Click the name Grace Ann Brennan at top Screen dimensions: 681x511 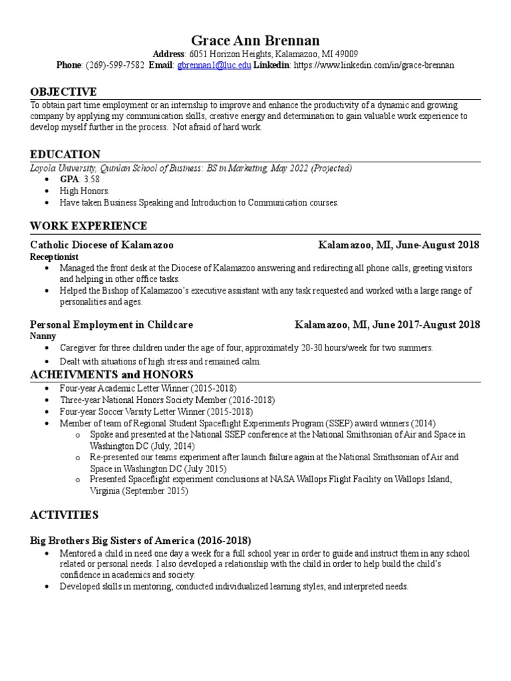pyautogui.click(x=255, y=41)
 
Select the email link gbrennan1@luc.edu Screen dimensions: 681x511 pyautogui.click(x=213, y=66)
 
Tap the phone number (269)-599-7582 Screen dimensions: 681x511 pyautogui.click(x=114, y=66)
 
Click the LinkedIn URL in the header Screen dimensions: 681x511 pyautogui.click(x=373, y=66)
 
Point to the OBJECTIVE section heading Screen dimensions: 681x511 pyautogui.click(x=63, y=92)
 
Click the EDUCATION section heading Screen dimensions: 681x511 pyautogui.click(x=65, y=154)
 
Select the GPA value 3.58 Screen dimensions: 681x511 pyautogui.click(x=92, y=180)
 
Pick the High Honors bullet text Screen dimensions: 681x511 pyautogui.click(x=85, y=191)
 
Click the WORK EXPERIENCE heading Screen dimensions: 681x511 pyautogui.click(x=88, y=226)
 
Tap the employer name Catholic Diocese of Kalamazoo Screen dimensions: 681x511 pyautogui.click(x=102, y=245)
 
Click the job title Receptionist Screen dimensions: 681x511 pyautogui.click(x=55, y=257)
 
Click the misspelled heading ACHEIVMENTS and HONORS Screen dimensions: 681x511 pyautogui.click(x=112, y=375)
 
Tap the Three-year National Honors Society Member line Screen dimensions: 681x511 pyautogui.click(x=166, y=400)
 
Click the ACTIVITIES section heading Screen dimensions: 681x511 pyautogui.click(x=64, y=515)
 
